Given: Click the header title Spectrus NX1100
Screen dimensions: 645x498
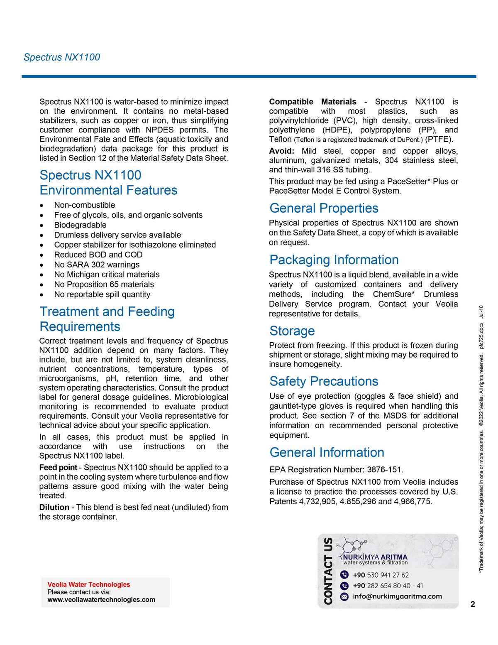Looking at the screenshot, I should [x=61, y=57].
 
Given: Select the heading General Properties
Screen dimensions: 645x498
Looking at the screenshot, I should [x=324, y=208].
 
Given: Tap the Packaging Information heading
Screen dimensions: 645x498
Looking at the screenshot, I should [x=334, y=260].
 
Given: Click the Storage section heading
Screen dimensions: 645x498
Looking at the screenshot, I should [x=292, y=331].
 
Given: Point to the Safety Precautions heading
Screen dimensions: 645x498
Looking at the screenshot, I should [x=324, y=381].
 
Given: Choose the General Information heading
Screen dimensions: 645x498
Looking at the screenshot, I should [x=327, y=452].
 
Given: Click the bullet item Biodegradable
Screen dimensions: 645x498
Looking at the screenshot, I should [x=80, y=225].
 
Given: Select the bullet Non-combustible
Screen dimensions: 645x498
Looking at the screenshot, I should [x=85, y=205].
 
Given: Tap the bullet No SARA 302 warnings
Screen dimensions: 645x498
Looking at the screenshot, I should [x=97, y=265].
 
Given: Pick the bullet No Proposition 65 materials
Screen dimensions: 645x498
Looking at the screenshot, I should [x=104, y=284].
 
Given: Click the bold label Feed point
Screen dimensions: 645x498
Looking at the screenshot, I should [x=58, y=467].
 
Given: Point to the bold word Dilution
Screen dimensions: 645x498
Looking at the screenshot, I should [x=54, y=507].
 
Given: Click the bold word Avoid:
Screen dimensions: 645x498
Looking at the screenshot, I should [x=281, y=151].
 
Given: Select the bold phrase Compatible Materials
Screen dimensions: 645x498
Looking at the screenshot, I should [x=312, y=102].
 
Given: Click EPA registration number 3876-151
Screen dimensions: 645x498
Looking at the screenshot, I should [x=384, y=470].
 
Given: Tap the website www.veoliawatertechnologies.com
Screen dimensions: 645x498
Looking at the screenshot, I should [x=101, y=599].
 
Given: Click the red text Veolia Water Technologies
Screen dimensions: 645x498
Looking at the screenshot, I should [x=88, y=584].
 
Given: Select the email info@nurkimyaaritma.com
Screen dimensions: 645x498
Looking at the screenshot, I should [x=397, y=596].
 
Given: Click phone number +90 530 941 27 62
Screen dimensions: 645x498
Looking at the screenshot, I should [x=381, y=575].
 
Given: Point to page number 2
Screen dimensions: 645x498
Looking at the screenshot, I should [x=473, y=604].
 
